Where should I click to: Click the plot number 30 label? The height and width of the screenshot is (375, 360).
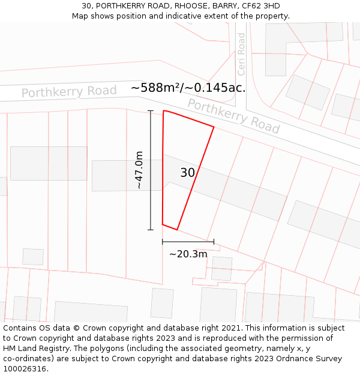(x=187, y=173)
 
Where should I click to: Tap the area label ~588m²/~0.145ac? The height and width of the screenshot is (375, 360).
(x=188, y=88)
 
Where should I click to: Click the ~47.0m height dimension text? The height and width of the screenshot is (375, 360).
(x=139, y=170)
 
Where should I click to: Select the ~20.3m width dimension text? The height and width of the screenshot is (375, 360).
(x=188, y=254)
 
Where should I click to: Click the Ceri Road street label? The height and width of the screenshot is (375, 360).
(x=242, y=54)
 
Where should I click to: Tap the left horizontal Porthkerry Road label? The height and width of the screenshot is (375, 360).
(x=69, y=92)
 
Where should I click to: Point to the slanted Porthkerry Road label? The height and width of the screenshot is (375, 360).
(x=233, y=116)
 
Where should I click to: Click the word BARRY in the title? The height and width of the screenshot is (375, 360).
(x=221, y=6)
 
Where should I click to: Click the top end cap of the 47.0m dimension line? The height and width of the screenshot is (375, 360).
(x=151, y=111)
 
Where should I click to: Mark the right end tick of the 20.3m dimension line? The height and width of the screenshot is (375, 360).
(x=214, y=242)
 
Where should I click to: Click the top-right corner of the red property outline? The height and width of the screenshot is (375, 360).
(x=214, y=127)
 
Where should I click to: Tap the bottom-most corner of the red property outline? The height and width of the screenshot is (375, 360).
(x=177, y=230)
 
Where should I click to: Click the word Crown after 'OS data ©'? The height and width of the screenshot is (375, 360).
(x=89, y=328)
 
